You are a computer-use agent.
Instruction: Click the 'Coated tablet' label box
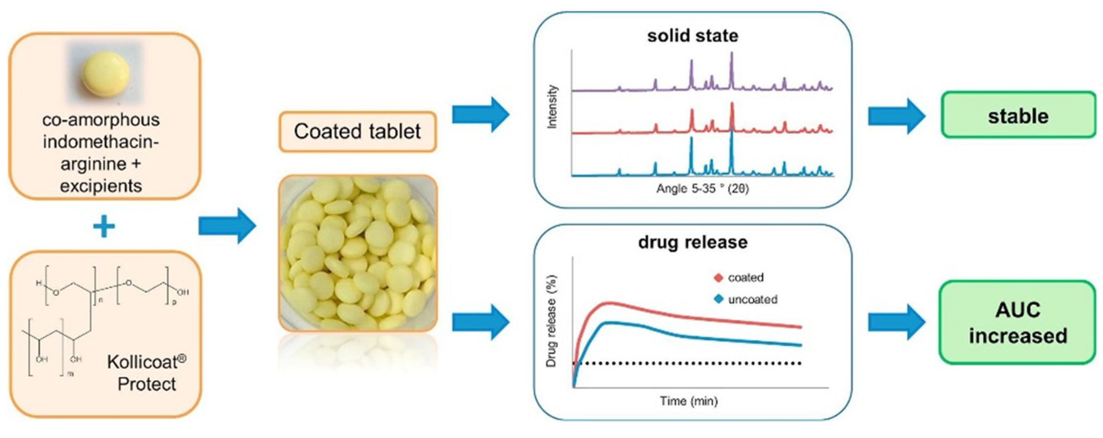357,132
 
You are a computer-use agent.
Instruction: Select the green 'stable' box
1018,116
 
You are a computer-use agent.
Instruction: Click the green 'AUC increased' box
1018,322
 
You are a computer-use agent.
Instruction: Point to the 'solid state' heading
692,36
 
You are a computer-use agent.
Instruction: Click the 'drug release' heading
692,242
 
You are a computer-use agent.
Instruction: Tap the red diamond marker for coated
719,278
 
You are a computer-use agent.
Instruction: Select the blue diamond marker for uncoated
719,299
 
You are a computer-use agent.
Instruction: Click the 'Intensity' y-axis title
553,107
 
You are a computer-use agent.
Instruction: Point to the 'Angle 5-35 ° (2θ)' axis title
702,189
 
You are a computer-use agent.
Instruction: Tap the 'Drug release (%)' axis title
552,322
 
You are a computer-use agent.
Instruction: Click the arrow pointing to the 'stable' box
896,116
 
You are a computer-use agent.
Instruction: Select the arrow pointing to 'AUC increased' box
896,322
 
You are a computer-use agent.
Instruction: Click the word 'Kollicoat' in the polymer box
142,362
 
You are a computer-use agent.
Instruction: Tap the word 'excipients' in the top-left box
101,186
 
